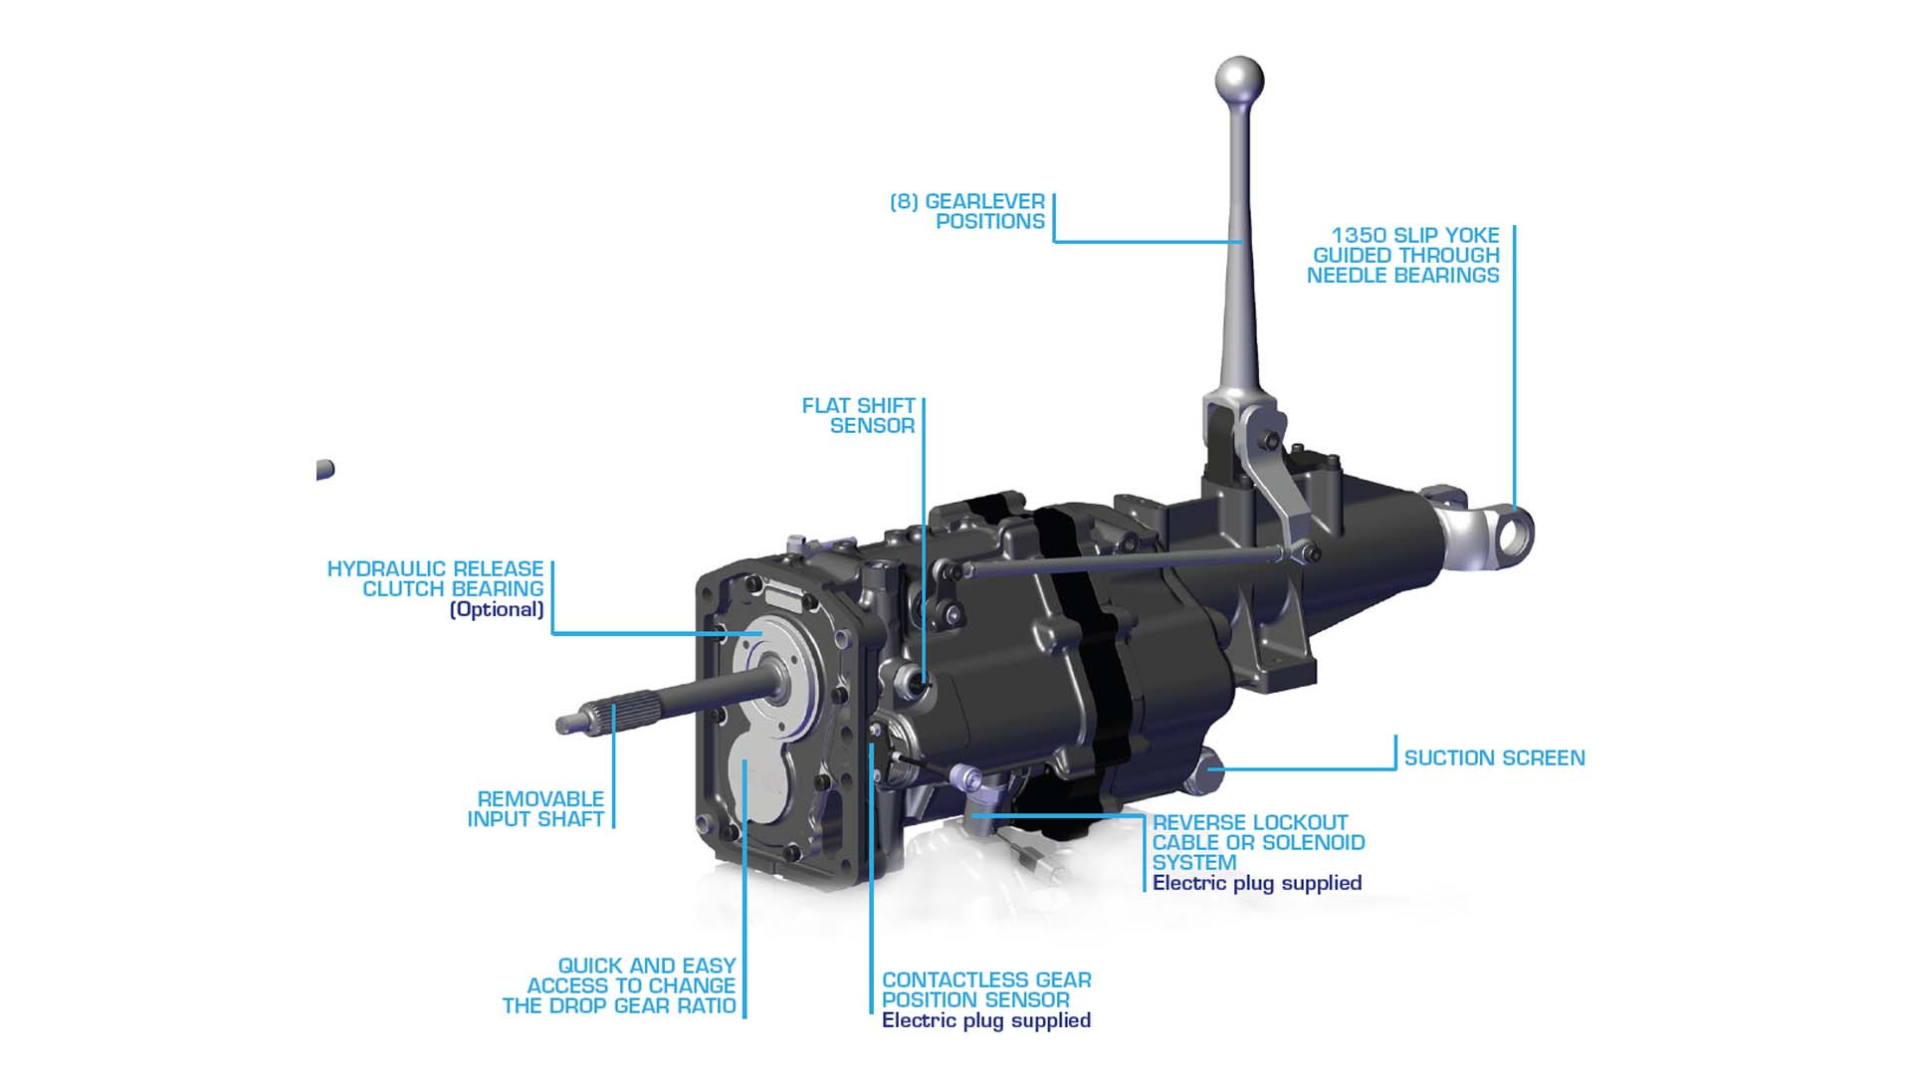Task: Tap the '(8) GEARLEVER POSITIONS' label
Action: pyautogui.click(x=967, y=211)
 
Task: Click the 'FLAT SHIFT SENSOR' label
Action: pyautogui.click(x=858, y=415)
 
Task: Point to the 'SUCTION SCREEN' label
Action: pyautogui.click(x=1494, y=757)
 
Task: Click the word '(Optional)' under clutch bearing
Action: pyautogui.click(x=497, y=609)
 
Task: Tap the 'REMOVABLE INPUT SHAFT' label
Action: pyautogui.click(x=536, y=808)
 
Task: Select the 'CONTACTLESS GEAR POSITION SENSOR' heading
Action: pyautogui.click(x=985, y=989)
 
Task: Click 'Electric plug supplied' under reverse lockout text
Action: pyautogui.click(x=1256, y=883)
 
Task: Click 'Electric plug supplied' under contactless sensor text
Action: pyautogui.click(x=985, y=1020)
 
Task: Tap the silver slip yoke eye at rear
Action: pyautogui.click(x=1511, y=535)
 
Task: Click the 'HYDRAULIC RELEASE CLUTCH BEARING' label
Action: pyautogui.click(x=436, y=578)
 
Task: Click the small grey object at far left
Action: pyautogui.click(x=324, y=469)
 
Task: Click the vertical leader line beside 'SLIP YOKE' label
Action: pyautogui.click(x=1514, y=368)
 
